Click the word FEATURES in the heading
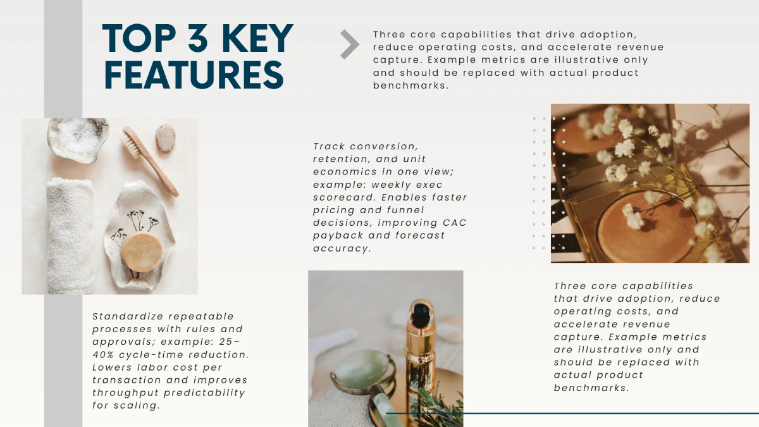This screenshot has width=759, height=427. [x=194, y=75]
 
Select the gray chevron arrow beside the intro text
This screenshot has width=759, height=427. [x=350, y=44]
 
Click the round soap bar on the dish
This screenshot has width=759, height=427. [x=142, y=252]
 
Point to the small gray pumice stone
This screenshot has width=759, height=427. [x=165, y=139]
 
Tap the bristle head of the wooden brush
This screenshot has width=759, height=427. [x=132, y=143]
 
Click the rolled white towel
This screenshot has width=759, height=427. [x=70, y=235]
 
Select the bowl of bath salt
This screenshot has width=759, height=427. [x=78, y=140]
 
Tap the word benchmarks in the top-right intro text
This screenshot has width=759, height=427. [x=410, y=85]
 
